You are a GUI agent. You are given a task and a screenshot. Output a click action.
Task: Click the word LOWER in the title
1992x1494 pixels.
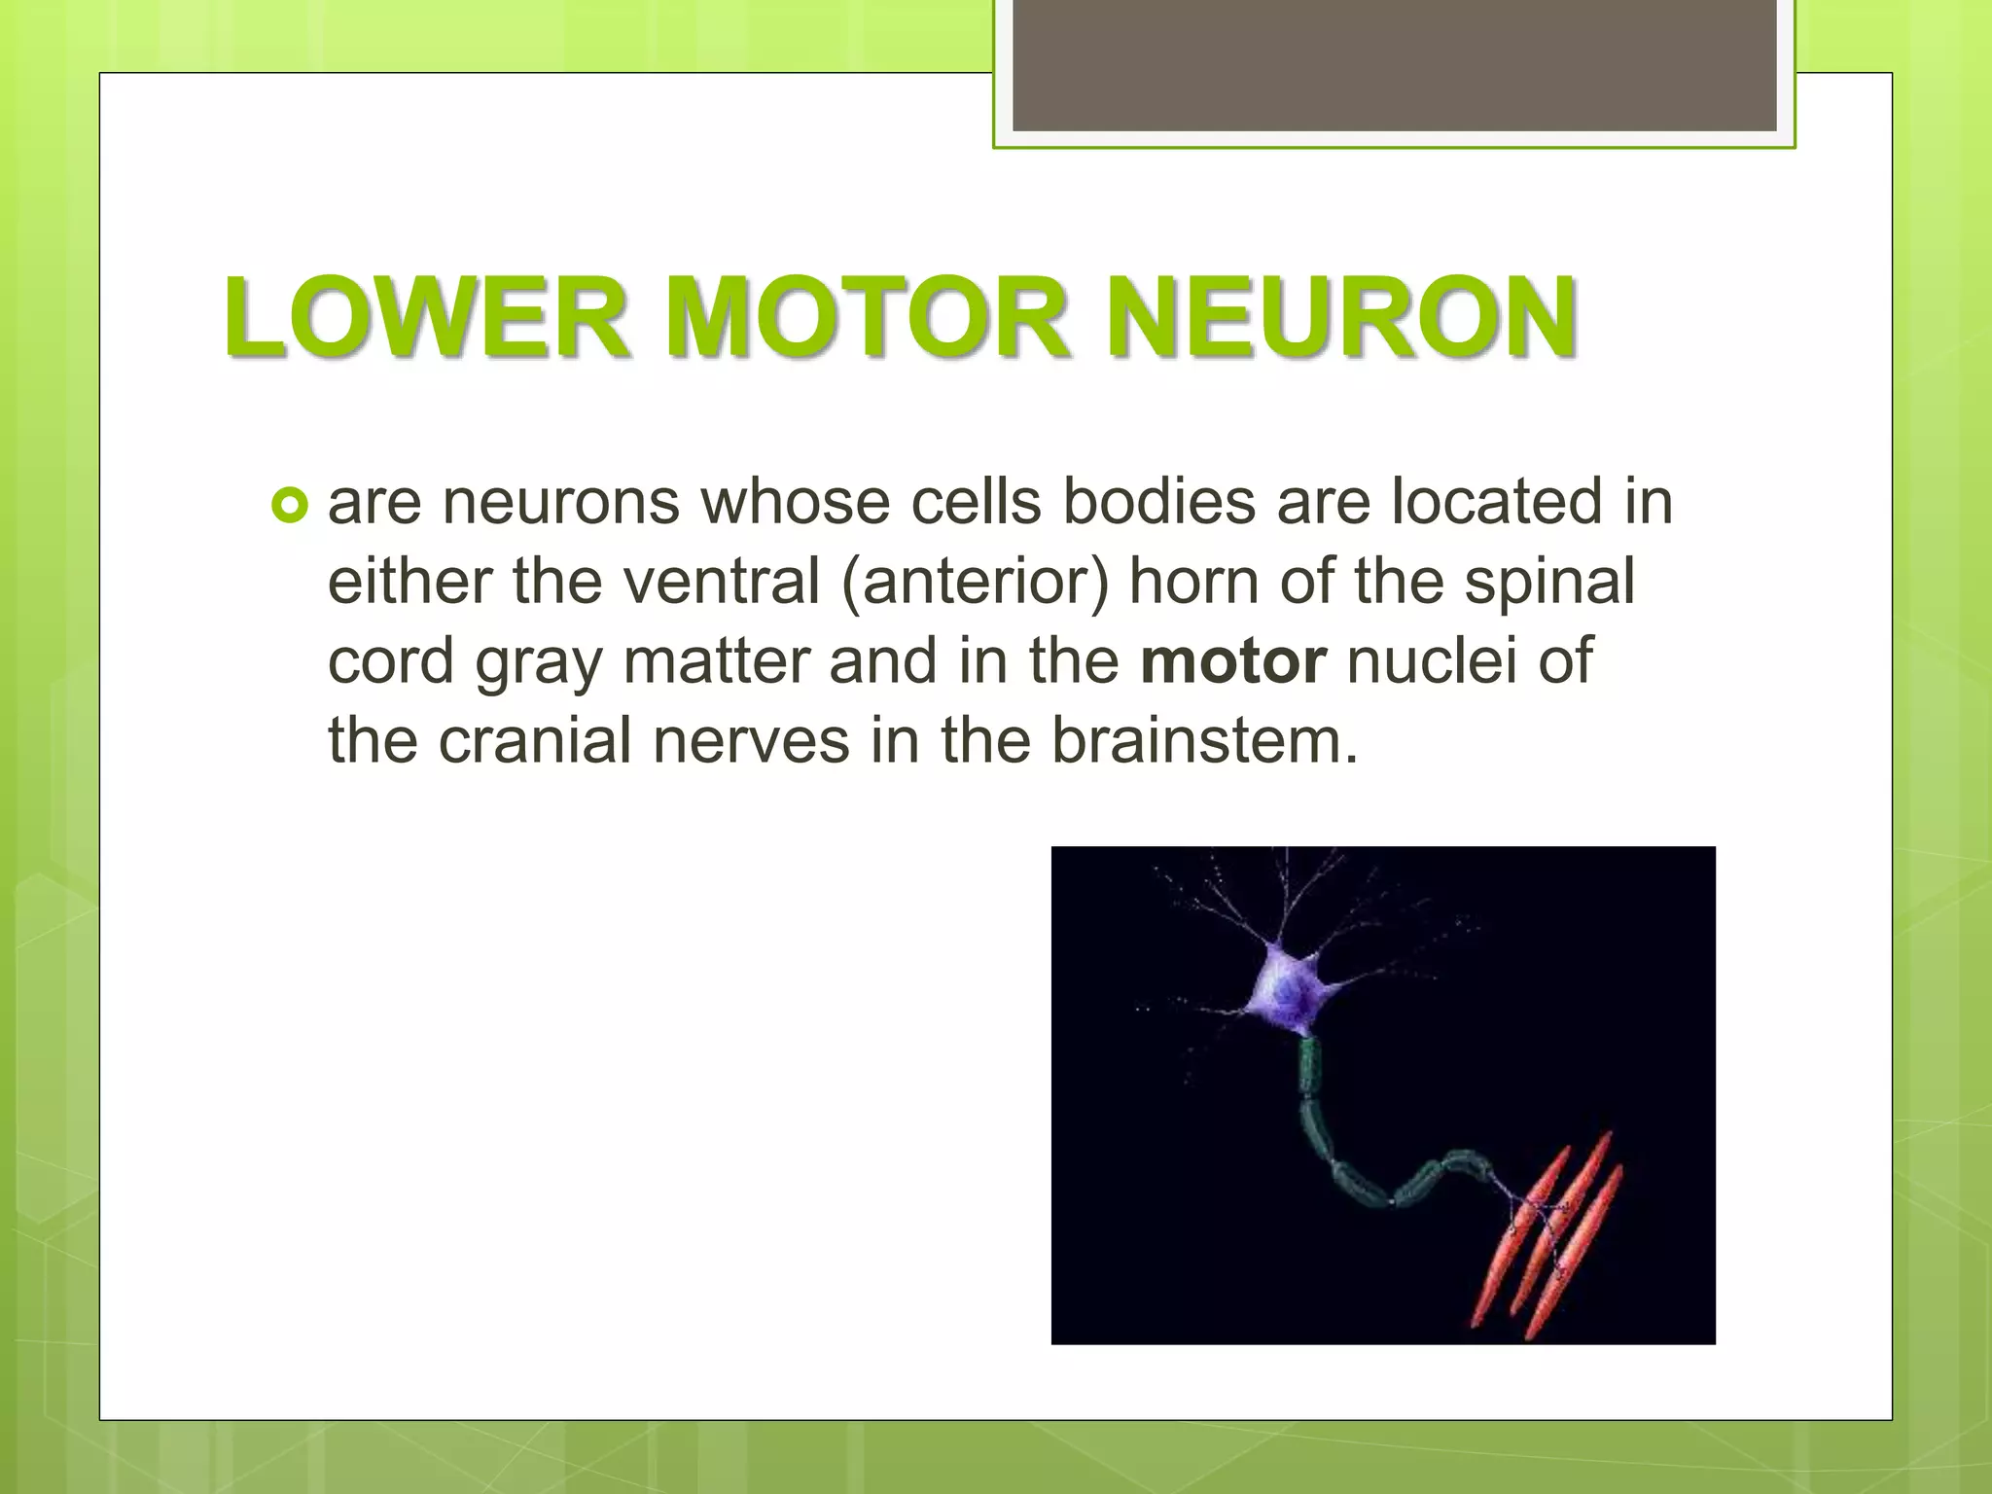tap(426, 318)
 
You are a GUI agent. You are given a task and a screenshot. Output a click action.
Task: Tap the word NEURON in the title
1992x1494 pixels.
tap(1342, 318)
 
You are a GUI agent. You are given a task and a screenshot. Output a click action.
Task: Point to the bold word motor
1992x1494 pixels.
tap(1233, 661)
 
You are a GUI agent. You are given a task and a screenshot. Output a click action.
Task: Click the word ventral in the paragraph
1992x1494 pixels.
tap(723, 582)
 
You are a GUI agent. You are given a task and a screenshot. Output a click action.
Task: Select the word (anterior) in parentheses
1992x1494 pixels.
tap(975, 582)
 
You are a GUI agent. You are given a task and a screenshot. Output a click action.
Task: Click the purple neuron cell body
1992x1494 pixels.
tap(1288, 994)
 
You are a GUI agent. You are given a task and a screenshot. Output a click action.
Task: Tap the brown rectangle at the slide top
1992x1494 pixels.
tap(1394, 66)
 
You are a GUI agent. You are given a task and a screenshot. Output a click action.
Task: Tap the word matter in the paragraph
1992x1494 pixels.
tap(716, 661)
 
